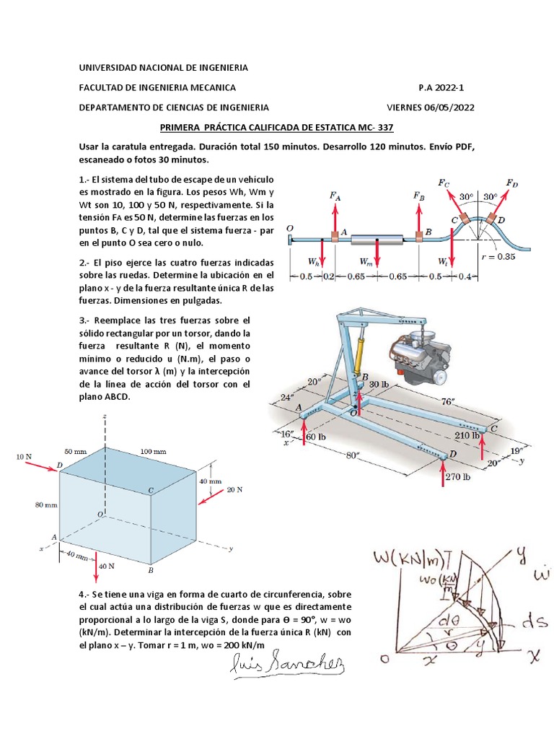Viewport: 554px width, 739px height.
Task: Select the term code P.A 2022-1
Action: click(441, 87)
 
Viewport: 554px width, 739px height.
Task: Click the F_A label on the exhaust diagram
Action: click(335, 196)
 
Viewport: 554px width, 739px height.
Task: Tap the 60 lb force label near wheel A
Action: click(316, 437)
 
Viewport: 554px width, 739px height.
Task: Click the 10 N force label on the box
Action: click(24, 457)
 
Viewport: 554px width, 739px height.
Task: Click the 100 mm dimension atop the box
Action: click(153, 451)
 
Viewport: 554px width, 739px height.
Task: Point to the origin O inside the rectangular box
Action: click(101, 514)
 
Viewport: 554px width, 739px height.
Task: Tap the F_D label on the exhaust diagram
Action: click(511, 183)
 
